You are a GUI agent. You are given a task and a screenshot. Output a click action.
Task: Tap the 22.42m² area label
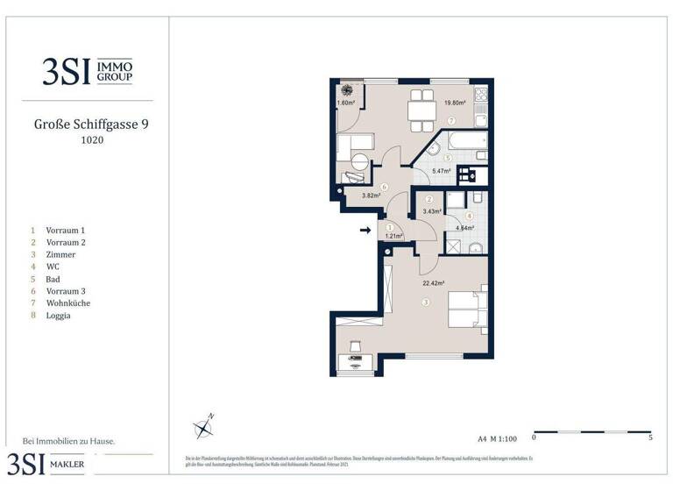click(433, 283)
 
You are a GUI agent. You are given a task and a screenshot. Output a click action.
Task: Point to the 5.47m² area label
click(443, 171)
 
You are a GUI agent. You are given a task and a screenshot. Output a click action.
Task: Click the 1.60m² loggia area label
click(347, 103)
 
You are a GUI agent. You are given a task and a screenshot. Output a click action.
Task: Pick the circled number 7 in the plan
click(451, 120)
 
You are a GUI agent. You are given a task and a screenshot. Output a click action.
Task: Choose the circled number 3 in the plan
click(427, 302)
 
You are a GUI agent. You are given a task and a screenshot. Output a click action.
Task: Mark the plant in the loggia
click(347, 89)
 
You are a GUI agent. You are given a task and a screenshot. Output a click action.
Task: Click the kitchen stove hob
click(480, 94)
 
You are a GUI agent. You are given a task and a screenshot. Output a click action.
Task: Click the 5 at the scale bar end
click(650, 436)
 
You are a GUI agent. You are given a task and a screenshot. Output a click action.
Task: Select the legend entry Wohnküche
click(68, 303)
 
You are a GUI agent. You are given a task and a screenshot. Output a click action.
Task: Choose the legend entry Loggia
click(59, 316)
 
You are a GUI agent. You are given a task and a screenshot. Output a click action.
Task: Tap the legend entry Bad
click(53, 279)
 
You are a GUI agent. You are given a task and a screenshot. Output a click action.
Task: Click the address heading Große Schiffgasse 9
click(91, 125)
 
